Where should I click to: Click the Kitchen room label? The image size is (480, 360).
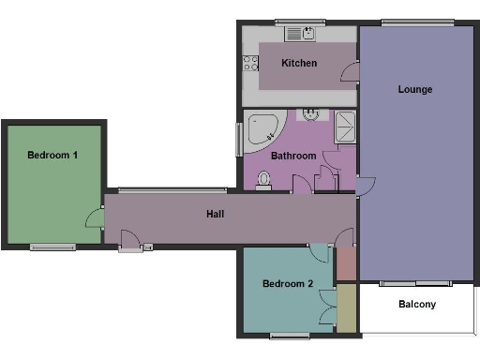pos(300,63)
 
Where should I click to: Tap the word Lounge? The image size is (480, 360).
pos(415,90)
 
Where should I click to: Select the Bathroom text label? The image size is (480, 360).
pos(292,156)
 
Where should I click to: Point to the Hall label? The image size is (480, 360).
pos(215,214)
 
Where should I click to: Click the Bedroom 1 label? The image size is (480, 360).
pos(52,155)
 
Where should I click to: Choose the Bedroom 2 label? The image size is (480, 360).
pos(287,284)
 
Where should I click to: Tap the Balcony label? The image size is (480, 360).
pos(417,305)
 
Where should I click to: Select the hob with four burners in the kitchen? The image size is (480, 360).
pos(251,63)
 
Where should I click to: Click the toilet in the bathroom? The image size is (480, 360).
pos(264,186)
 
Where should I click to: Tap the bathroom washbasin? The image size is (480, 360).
pos(309,115)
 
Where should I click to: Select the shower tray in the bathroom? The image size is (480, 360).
pos(345,125)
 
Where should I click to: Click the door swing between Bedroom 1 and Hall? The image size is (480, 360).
pos(95,219)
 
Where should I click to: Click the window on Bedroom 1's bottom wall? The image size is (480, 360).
pos(52,247)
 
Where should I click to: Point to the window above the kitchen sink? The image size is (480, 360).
pos(301,22)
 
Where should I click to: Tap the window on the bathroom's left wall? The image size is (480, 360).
pos(237,141)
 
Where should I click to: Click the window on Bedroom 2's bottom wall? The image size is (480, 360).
pos(287,335)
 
